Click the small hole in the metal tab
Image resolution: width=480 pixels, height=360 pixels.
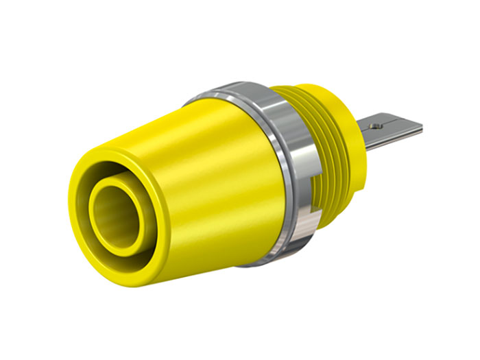376,125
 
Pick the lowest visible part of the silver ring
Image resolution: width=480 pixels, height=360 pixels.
271,261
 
